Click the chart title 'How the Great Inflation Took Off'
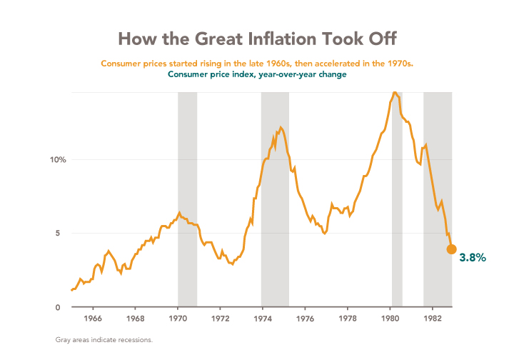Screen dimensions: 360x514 (x=257, y=38)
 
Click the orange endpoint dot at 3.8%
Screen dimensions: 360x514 (x=451, y=249)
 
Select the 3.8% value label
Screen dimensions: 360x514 (x=472, y=257)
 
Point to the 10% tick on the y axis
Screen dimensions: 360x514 (x=58, y=160)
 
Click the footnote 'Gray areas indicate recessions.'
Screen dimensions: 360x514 (x=104, y=340)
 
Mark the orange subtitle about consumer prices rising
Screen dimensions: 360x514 (x=257, y=64)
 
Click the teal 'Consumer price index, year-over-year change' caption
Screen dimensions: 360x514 (x=257, y=74)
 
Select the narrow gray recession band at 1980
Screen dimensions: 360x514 (x=397, y=214)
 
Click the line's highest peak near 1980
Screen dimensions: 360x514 (x=395, y=92)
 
